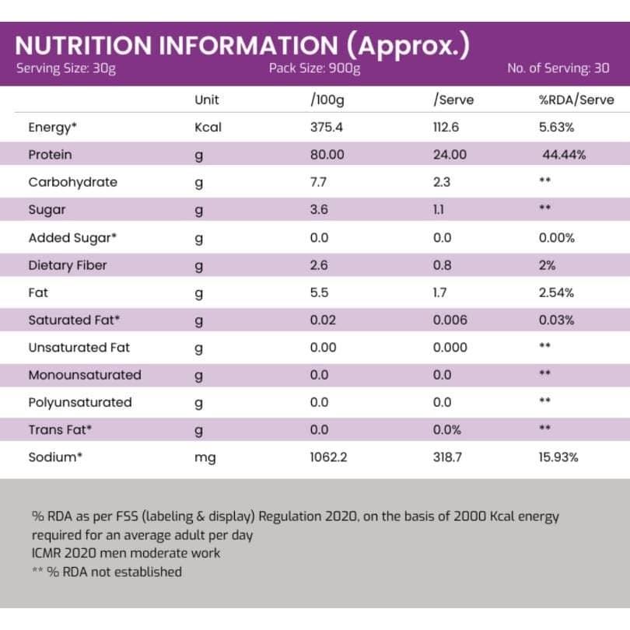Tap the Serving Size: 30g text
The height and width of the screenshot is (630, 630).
(x=66, y=68)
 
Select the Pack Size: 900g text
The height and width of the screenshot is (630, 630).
(x=314, y=68)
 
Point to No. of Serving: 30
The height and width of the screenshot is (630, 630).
(x=558, y=68)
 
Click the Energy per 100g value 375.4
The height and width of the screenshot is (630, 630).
(x=327, y=128)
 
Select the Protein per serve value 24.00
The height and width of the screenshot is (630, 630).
(x=450, y=155)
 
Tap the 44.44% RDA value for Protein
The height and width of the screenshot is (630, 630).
(x=564, y=155)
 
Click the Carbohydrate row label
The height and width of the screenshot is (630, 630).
(x=72, y=182)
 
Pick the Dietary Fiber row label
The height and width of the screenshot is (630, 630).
(x=67, y=265)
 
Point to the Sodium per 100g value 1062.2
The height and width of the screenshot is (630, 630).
(x=328, y=457)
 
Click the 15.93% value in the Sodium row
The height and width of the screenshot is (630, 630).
(x=558, y=457)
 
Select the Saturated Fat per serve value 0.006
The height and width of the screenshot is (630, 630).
(x=450, y=320)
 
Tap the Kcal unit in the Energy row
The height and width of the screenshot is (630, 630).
(x=208, y=128)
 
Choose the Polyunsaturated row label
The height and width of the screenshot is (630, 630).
(x=79, y=402)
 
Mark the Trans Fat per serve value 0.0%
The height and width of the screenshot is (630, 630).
(x=446, y=429)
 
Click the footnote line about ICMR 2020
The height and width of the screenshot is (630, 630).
(x=126, y=553)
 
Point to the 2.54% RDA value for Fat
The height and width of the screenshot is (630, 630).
(x=556, y=292)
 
